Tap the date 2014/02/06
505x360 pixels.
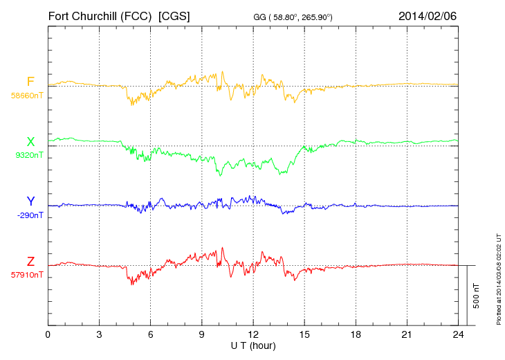tap(428, 15)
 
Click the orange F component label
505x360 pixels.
tap(30, 82)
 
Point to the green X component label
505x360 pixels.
tap(30, 143)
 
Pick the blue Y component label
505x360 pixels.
tap(30, 201)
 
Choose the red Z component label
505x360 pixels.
tap(30, 262)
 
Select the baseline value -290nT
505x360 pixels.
tap(30, 215)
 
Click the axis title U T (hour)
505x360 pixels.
tap(252, 345)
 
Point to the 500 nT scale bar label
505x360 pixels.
tap(477, 296)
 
